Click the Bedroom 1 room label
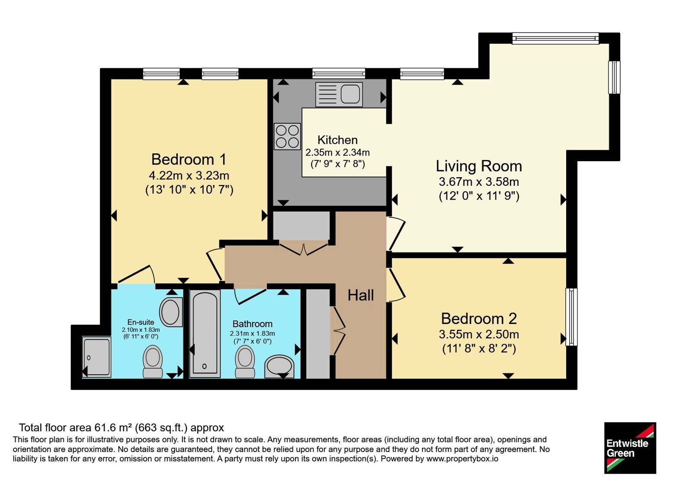[189, 159]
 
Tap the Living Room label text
[479, 166]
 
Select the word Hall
[361, 295]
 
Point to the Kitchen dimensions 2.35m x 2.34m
[337, 153]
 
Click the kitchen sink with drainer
[339, 95]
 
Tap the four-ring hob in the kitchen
[287, 137]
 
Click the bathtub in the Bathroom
[205, 334]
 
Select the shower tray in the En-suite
[97, 357]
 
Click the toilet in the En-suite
[153, 361]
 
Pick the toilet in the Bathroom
[245, 361]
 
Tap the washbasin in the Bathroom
[279, 366]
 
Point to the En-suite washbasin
[171, 312]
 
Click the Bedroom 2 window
[571, 317]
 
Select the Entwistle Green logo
[630, 448]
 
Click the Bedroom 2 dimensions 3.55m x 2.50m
[479, 334]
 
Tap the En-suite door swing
[136, 274]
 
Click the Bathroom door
[250, 296]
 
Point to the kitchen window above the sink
[339, 74]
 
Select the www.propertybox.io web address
[462, 459]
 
